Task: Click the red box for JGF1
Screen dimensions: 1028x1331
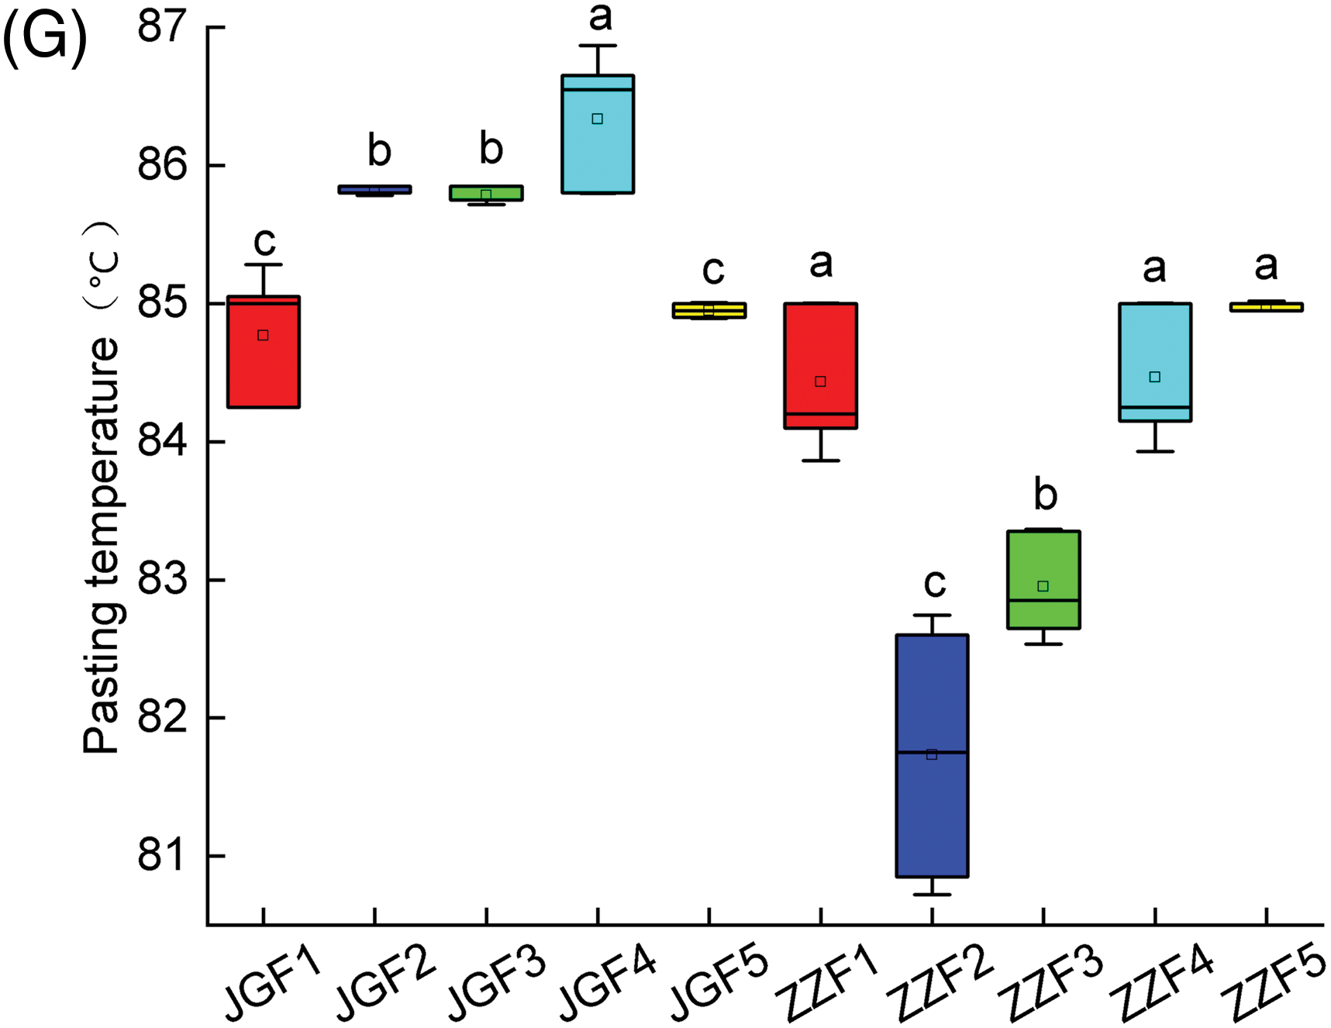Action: tap(264, 364)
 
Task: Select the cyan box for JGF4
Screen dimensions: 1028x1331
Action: tap(598, 155)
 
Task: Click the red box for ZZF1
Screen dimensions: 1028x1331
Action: tap(820, 349)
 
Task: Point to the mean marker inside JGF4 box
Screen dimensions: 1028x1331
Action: tap(597, 119)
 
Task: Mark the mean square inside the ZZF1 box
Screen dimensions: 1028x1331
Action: tap(820, 381)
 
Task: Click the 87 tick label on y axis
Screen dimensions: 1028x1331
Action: tap(162, 27)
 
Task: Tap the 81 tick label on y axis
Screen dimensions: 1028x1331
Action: tap(162, 856)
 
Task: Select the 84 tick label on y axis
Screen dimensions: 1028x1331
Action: tap(162, 442)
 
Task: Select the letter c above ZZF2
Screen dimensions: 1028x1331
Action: tap(935, 583)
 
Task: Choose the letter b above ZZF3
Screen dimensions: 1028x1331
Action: tap(1046, 495)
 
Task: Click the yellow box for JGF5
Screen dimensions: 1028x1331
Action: tap(709, 310)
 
